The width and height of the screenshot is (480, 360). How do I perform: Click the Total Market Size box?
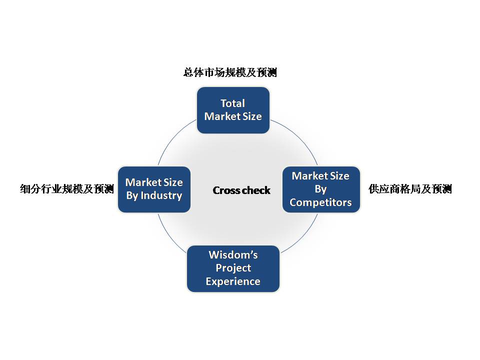233,110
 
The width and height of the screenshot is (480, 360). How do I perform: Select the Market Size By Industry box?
154,189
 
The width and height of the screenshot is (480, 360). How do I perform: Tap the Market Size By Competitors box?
321,189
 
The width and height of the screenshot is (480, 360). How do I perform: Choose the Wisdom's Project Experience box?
233,269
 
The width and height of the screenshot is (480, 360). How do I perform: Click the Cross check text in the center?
241,190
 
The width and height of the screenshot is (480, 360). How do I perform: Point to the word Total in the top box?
232,103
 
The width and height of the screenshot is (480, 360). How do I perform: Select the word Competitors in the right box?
320,202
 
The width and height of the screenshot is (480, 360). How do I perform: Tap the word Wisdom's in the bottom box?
233,255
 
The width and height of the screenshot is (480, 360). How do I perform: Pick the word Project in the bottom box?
233,268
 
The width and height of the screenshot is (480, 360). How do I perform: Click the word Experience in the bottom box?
233,281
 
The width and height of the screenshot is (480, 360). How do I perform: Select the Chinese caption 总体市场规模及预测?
230,72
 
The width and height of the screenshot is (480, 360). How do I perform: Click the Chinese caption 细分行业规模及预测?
67,189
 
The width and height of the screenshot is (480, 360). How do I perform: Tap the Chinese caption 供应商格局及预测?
410,189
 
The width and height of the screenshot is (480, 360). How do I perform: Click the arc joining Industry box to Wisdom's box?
169,235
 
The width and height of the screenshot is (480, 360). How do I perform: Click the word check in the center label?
256,190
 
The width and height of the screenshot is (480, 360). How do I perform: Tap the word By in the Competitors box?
320,189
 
